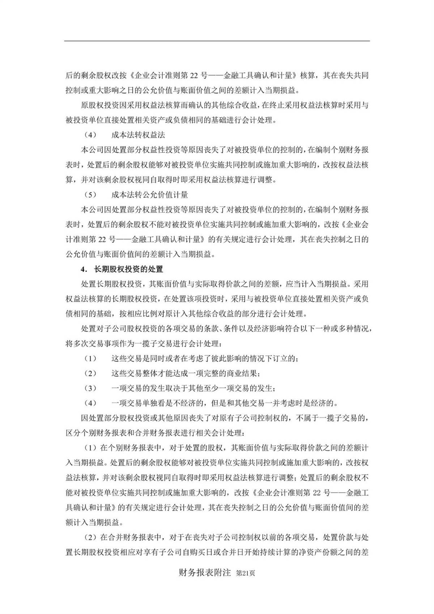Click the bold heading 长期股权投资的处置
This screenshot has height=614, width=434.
pos(128,269)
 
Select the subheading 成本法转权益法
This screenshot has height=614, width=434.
pos(138,135)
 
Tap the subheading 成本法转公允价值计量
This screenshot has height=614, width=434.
pos(150,195)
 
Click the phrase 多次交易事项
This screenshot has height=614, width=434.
pos(100,343)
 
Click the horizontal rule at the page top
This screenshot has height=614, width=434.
pos(217,41)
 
